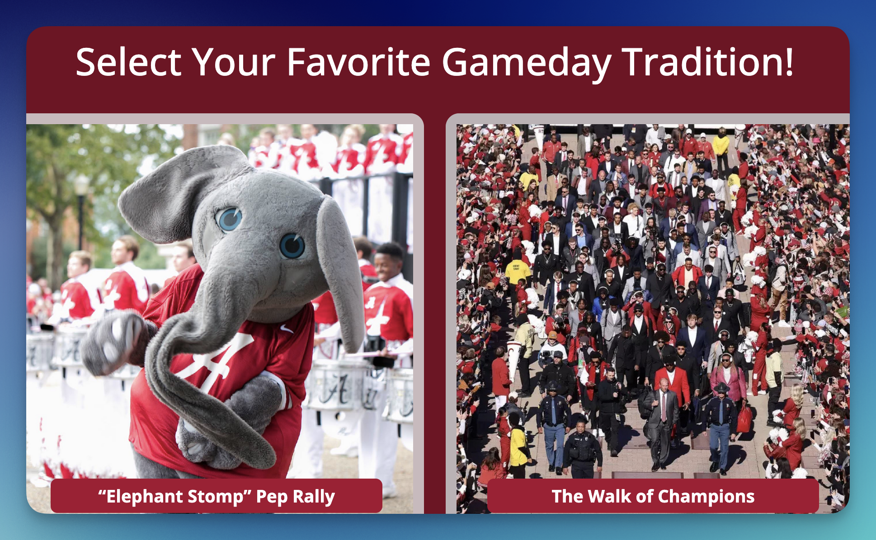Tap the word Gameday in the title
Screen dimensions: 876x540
click(527, 63)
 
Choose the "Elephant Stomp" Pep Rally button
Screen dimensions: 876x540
click(217, 496)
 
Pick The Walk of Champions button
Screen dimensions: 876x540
click(653, 496)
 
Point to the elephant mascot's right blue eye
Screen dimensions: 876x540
click(292, 246)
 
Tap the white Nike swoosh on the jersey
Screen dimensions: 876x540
click(286, 328)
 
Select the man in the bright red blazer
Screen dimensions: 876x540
click(672, 384)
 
